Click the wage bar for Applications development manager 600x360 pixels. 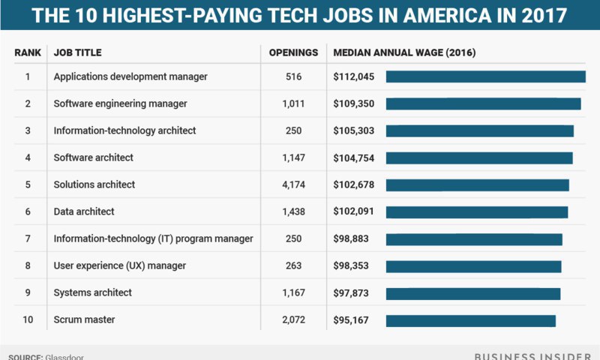485,76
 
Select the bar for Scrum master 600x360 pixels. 470,321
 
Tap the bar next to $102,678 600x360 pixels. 477,184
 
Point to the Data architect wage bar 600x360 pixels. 476,212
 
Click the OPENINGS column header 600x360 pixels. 293,52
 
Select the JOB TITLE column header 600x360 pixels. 77,52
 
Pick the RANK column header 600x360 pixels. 28,52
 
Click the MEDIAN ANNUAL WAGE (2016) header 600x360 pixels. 404,52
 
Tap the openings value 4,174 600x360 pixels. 293,184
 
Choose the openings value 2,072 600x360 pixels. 293,321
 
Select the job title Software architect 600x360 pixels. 93,157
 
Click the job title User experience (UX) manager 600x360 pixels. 119,266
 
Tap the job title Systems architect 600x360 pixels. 92,293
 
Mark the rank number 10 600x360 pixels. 28,321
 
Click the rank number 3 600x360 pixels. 28,130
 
